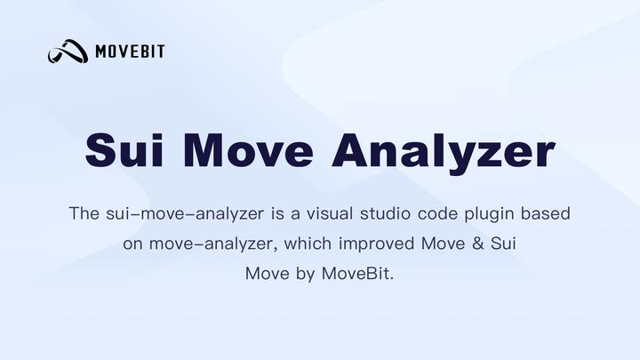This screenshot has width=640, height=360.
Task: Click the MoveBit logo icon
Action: click(x=68, y=52)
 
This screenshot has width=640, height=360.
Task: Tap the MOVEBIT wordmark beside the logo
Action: click(x=130, y=52)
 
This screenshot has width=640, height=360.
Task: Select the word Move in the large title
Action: click(x=252, y=151)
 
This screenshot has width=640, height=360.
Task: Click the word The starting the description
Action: click(x=84, y=214)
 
